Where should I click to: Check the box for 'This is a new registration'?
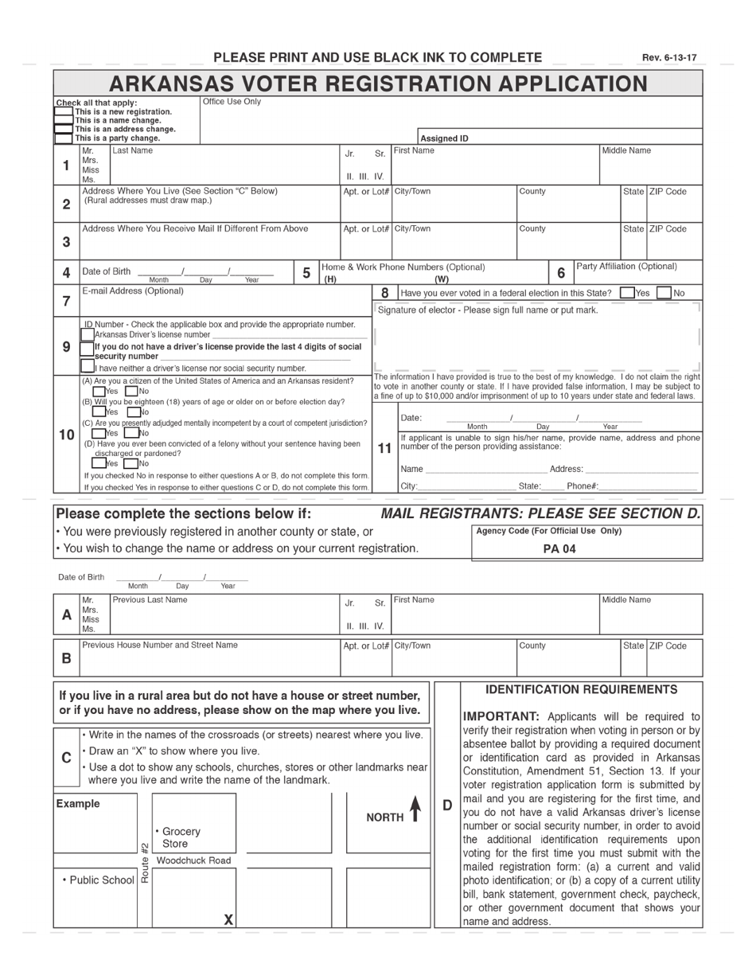tap(64, 112)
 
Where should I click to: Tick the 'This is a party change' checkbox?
tap(64, 138)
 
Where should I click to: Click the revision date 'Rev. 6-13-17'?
tap(669, 58)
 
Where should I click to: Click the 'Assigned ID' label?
tap(444, 138)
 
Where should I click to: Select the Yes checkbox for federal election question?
tap(627, 293)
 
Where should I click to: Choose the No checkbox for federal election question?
tap(664, 293)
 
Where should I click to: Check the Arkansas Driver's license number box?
tap(88, 335)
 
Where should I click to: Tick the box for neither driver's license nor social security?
tap(88, 367)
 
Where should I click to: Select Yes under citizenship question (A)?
tap(99, 391)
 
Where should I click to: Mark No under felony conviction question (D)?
tap(131, 463)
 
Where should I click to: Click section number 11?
tap(384, 448)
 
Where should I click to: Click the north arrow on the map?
tap(415, 810)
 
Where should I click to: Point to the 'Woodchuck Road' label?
tap(193, 860)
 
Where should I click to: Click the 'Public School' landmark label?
tap(98, 880)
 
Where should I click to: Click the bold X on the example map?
tap(228, 919)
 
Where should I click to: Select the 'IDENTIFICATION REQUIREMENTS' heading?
tap(582, 689)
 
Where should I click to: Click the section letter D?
tap(447, 805)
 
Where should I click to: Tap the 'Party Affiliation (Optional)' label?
tap(626, 266)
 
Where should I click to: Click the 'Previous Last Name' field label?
tap(150, 599)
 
